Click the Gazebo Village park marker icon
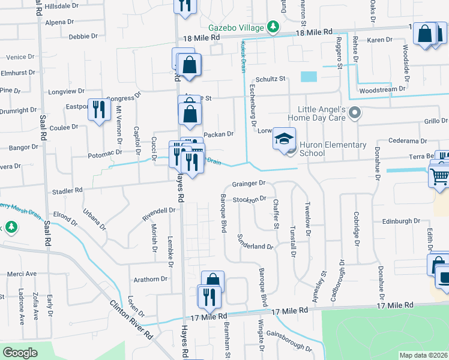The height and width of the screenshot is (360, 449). tap(273, 27)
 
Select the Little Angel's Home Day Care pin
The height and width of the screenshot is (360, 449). tap(355, 112)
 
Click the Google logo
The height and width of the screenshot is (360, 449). tap(20, 353)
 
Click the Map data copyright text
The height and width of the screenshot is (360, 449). tap(423, 355)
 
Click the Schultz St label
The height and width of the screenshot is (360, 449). tap(270, 79)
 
